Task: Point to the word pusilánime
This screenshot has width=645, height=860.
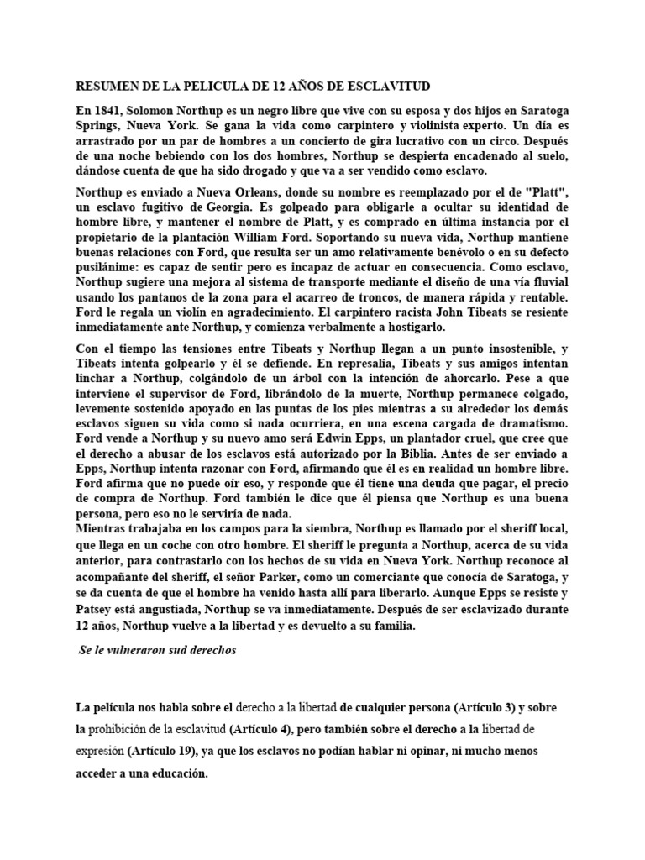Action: click(105, 266)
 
